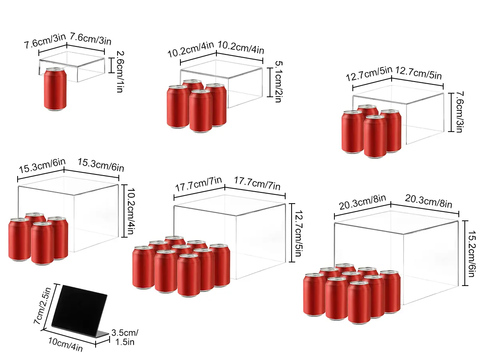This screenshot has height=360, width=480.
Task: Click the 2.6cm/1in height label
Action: pos(120,72)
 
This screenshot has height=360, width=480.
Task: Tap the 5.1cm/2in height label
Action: pos(278,82)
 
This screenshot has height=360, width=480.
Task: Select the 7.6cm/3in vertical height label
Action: pos(460,112)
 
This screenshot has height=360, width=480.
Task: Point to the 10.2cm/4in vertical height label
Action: pos(131,211)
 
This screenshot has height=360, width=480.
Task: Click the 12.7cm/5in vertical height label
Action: pos(298,234)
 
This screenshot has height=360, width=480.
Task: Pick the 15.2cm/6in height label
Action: pos(472,254)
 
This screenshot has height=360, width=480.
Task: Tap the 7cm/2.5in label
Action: pos(42,306)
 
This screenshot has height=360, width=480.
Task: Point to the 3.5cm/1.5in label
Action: pos(125,337)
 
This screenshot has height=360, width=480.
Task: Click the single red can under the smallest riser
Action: pos(55,89)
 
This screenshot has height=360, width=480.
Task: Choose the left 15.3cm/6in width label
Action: pos(42,166)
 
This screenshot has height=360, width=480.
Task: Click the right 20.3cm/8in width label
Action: pos(428,201)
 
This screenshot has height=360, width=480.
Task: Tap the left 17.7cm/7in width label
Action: pos(198,184)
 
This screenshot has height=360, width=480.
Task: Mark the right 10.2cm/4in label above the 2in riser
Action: pos(241,48)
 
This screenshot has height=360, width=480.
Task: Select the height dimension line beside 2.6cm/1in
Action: pos(112,65)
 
